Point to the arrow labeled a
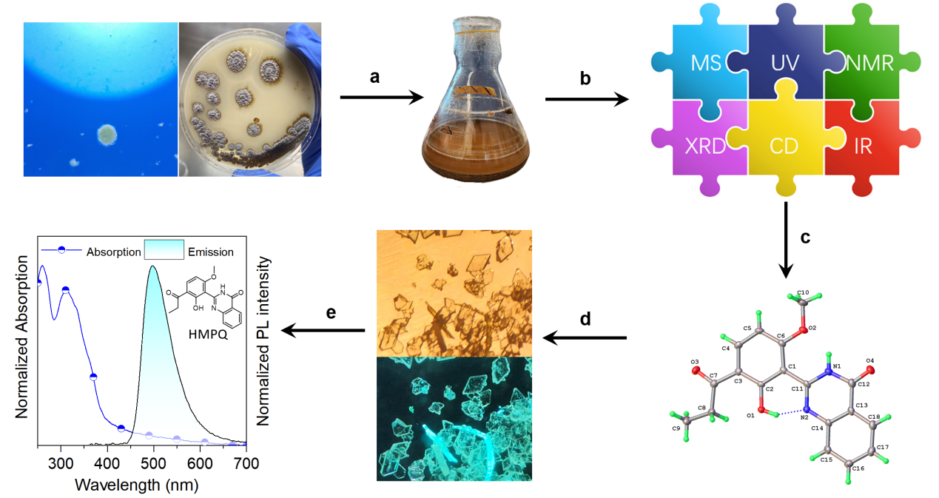click(x=381, y=97)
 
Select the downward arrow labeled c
click(x=787, y=240)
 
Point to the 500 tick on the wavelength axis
click(x=153, y=464)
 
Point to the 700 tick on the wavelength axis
click(x=246, y=464)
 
